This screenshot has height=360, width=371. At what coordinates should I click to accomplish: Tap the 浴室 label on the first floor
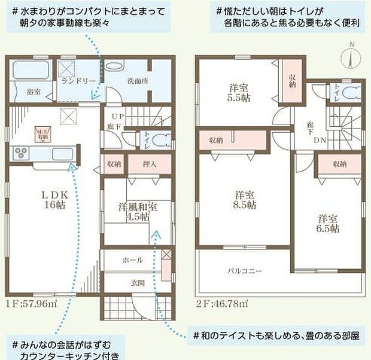(34, 92)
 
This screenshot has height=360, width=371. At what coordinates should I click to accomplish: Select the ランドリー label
(75, 80)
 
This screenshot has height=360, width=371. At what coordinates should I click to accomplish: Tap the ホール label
(132, 261)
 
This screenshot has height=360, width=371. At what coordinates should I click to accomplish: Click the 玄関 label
(132, 283)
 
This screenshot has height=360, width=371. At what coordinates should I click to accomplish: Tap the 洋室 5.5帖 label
(238, 94)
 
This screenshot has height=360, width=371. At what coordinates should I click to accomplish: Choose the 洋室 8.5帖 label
(245, 200)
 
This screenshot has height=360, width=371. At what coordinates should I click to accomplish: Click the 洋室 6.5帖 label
(329, 223)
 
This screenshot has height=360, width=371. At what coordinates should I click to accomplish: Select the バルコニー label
(244, 271)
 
